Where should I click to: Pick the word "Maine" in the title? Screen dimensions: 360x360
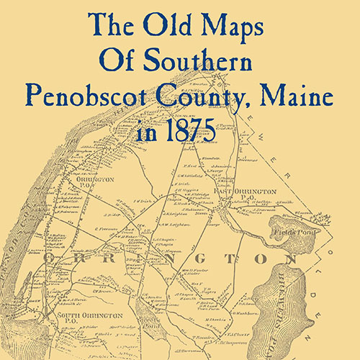305,94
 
